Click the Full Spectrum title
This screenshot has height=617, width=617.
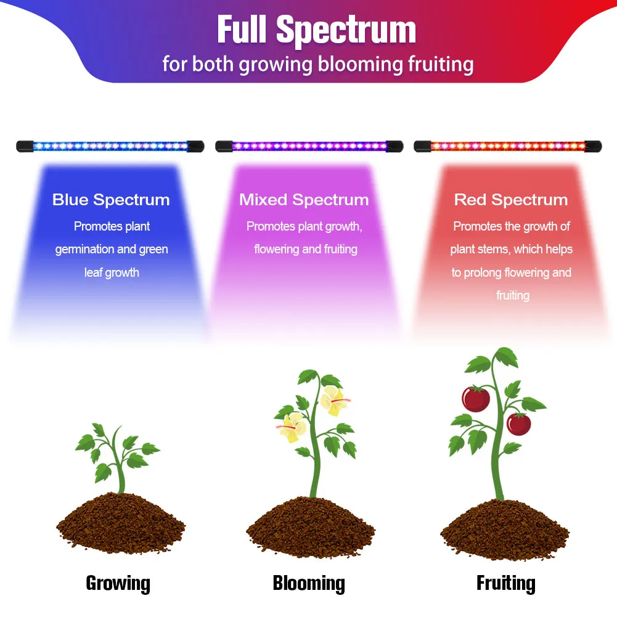(x=317, y=30)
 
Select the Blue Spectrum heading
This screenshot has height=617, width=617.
(x=111, y=200)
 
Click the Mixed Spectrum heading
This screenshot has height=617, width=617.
(x=304, y=200)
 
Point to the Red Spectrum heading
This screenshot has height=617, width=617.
(x=511, y=200)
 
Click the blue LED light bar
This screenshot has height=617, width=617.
(x=110, y=147)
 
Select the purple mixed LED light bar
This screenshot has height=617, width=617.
(x=309, y=147)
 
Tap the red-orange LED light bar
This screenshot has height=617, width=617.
(x=508, y=147)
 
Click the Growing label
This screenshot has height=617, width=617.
(x=118, y=582)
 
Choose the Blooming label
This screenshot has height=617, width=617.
(x=309, y=582)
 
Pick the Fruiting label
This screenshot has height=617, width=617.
(x=505, y=582)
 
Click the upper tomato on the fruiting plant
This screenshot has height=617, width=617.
(x=476, y=399)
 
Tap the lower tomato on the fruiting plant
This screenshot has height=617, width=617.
(x=518, y=423)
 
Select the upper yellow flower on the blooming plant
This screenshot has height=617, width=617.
(x=333, y=401)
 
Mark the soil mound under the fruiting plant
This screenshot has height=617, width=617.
(x=505, y=530)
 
